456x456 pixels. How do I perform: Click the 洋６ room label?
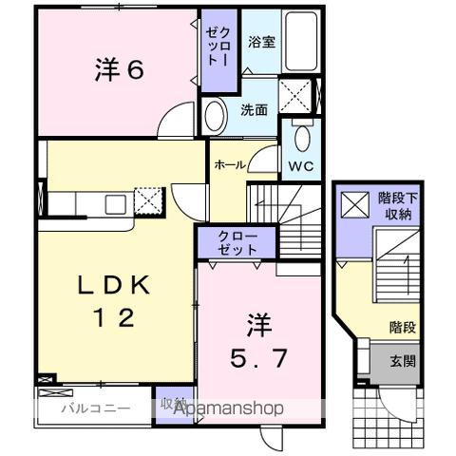click(119, 69)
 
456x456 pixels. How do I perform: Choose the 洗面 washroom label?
click(253, 108)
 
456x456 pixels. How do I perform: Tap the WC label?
click(301, 165)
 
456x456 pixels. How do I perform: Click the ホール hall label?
click(230, 164)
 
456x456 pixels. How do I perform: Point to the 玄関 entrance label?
click(402, 361)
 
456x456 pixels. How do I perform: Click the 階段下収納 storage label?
click(395, 206)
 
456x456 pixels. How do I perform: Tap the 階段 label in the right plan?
click(402, 326)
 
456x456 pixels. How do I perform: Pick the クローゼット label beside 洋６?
click(214, 46)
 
